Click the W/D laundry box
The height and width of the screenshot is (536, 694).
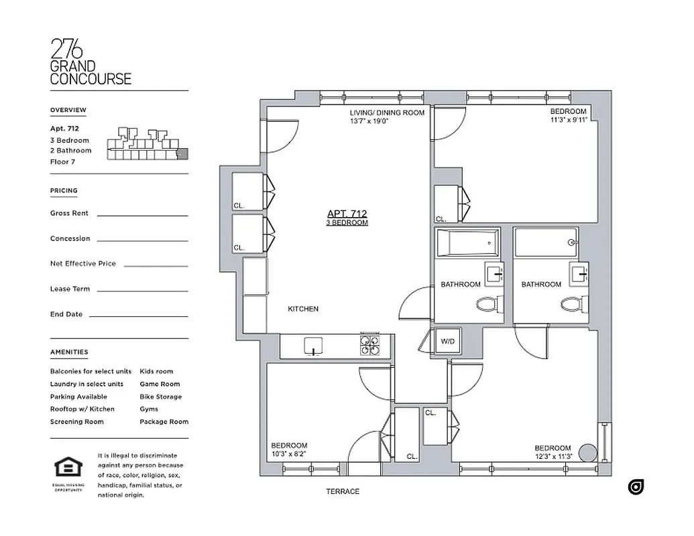click(x=447, y=342)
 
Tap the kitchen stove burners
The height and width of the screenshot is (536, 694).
click(x=369, y=344)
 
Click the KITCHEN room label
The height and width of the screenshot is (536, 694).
click(x=303, y=309)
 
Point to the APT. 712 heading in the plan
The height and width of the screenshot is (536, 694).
click(x=347, y=214)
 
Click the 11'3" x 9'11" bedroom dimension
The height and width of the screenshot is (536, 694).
click(x=568, y=121)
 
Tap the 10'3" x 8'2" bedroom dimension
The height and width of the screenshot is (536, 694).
click(x=289, y=454)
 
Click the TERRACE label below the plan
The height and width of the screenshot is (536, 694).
click(x=343, y=491)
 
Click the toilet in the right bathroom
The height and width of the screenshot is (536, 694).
click(x=570, y=306)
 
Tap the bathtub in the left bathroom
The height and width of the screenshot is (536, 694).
click(x=467, y=243)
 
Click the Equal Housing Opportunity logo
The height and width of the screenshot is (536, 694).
click(x=68, y=469)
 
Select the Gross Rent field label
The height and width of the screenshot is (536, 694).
click(x=69, y=213)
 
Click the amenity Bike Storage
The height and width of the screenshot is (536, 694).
click(x=160, y=397)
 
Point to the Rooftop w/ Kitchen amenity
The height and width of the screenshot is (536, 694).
click(x=82, y=409)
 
